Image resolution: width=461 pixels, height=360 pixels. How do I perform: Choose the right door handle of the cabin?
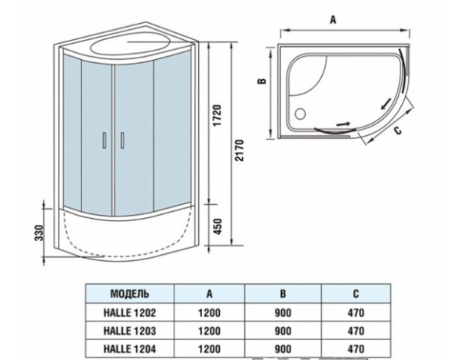pyautogui.click(x=121, y=140)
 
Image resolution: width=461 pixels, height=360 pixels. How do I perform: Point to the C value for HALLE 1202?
pyautogui.click(x=355, y=312)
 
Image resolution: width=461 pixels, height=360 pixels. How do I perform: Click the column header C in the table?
pyautogui.click(x=355, y=293)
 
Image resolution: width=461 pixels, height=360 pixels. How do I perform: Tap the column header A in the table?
pyautogui.click(x=209, y=293)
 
